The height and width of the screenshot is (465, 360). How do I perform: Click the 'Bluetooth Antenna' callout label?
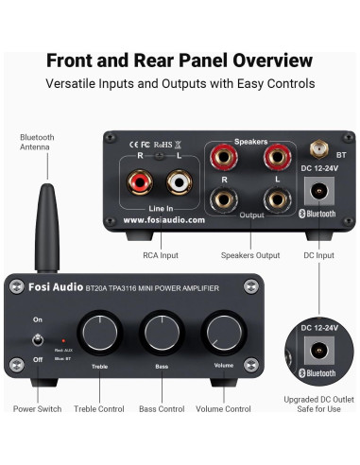[x=39, y=143]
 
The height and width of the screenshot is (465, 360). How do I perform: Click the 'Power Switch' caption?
[x=38, y=409]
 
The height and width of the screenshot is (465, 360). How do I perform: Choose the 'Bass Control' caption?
[x=162, y=409]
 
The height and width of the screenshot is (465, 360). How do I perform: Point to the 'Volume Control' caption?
[x=223, y=409]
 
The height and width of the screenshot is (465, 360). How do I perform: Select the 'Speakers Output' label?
[x=249, y=254]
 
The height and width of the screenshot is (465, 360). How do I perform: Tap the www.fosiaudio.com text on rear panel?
[x=163, y=219]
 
